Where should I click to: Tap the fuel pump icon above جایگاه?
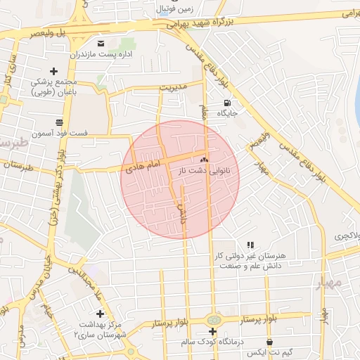(x=226, y=102)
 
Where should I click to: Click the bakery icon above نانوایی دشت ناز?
(x=205, y=160)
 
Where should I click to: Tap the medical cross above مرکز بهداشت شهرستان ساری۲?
(x=100, y=314)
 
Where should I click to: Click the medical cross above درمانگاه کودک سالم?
(x=212, y=330)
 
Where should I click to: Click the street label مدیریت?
(x=173, y=88)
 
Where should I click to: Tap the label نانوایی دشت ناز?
(x=210, y=170)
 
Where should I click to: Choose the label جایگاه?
(x=227, y=112)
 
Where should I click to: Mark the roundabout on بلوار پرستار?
(x=212, y=320)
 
